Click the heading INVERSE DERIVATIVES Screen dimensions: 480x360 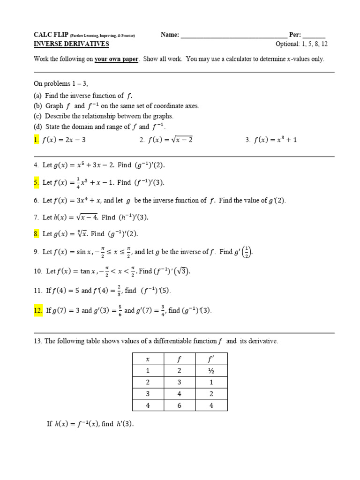71,44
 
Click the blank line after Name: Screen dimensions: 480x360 234,36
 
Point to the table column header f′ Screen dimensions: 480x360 211,360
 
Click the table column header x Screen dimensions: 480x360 148,360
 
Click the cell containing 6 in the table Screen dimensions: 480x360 180,405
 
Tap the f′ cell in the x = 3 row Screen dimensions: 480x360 211,394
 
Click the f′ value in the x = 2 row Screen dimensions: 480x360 211,382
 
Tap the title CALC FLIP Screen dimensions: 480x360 51,35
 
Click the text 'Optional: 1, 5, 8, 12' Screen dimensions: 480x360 301,44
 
